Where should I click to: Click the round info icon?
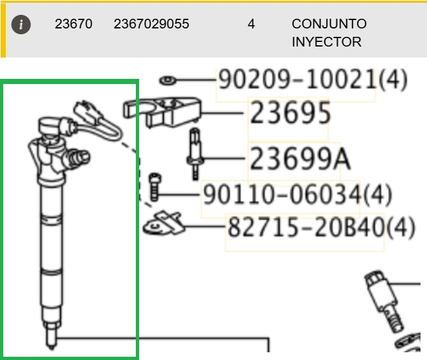tap(21, 25)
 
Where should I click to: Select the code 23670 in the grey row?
tap(74, 24)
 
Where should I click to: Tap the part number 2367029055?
tap(151, 24)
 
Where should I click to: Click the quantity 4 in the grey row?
tap(252, 24)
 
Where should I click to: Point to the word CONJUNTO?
tap(329, 24)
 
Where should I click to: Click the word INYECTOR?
tap(327, 42)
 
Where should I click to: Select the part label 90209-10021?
tap(298, 79)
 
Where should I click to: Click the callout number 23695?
tap(290, 112)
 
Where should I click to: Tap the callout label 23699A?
tap(300, 158)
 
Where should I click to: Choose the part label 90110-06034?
tap(282, 195)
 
